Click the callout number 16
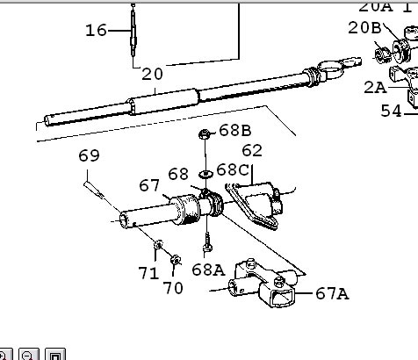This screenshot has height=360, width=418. click(x=96, y=31)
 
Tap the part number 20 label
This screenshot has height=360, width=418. click(x=152, y=75)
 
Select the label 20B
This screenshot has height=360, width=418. click(x=364, y=28)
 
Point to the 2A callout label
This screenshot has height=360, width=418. click(x=375, y=88)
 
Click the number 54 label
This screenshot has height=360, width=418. click(x=391, y=112)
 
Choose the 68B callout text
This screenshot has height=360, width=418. click(x=235, y=130)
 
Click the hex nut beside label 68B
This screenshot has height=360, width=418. click(x=205, y=134)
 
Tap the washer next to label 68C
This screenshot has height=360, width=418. click(x=206, y=175)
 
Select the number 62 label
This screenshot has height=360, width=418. click(x=252, y=151)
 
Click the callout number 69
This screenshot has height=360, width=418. click(x=89, y=155)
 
